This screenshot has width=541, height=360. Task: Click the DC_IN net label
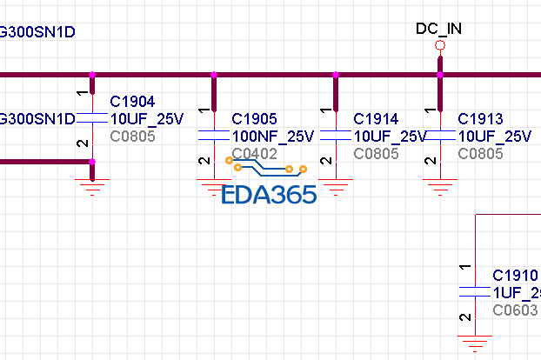click(x=438, y=29)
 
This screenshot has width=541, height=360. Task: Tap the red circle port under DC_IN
click(x=440, y=45)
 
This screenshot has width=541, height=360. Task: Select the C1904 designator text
click(x=132, y=102)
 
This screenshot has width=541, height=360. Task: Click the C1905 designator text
click(x=254, y=119)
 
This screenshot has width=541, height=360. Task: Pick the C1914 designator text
click(x=376, y=119)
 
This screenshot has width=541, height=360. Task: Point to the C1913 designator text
click(x=480, y=119)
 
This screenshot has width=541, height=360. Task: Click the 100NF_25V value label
click(x=272, y=137)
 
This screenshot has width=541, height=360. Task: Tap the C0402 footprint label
click(x=254, y=154)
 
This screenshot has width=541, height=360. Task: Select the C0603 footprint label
click(x=515, y=310)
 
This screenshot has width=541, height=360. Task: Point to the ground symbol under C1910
click(x=475, y=342)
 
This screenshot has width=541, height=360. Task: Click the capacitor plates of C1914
click(x=336, y=136)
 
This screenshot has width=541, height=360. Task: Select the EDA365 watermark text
click(x=269, y=194)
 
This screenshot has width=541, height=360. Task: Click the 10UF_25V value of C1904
click(x=146, y=119)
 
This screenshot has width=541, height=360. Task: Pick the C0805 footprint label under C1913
click(x=480, y=154)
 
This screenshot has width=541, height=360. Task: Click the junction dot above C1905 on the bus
click(x=214, y=75)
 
